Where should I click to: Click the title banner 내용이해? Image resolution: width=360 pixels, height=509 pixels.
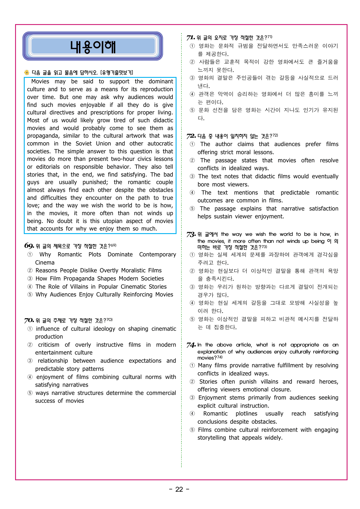click(93, 46)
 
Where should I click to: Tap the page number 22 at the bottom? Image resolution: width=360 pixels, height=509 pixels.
click(179, 490)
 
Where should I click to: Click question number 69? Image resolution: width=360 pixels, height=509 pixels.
click(29, 246)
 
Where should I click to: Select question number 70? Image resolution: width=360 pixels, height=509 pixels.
click(29, 321)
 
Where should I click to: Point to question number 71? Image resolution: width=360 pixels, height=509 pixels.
click(190, 38)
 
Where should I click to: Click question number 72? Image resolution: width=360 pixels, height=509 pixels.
click(191, 136)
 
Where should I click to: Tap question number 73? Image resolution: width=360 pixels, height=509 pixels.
click(191, 235)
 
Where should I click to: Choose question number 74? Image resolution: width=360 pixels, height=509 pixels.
click(191, 345)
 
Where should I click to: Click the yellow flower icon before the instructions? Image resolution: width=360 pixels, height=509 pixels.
click(27, 73)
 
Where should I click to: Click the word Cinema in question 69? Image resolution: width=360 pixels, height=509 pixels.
click(45, 263)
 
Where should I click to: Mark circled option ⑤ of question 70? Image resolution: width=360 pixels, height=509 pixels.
click(30, 393)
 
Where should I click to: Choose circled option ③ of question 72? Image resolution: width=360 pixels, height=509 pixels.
click(192, 177)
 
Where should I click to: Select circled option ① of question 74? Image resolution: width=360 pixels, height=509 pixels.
click(192, 366)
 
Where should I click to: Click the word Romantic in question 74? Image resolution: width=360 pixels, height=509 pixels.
click(215, 414)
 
